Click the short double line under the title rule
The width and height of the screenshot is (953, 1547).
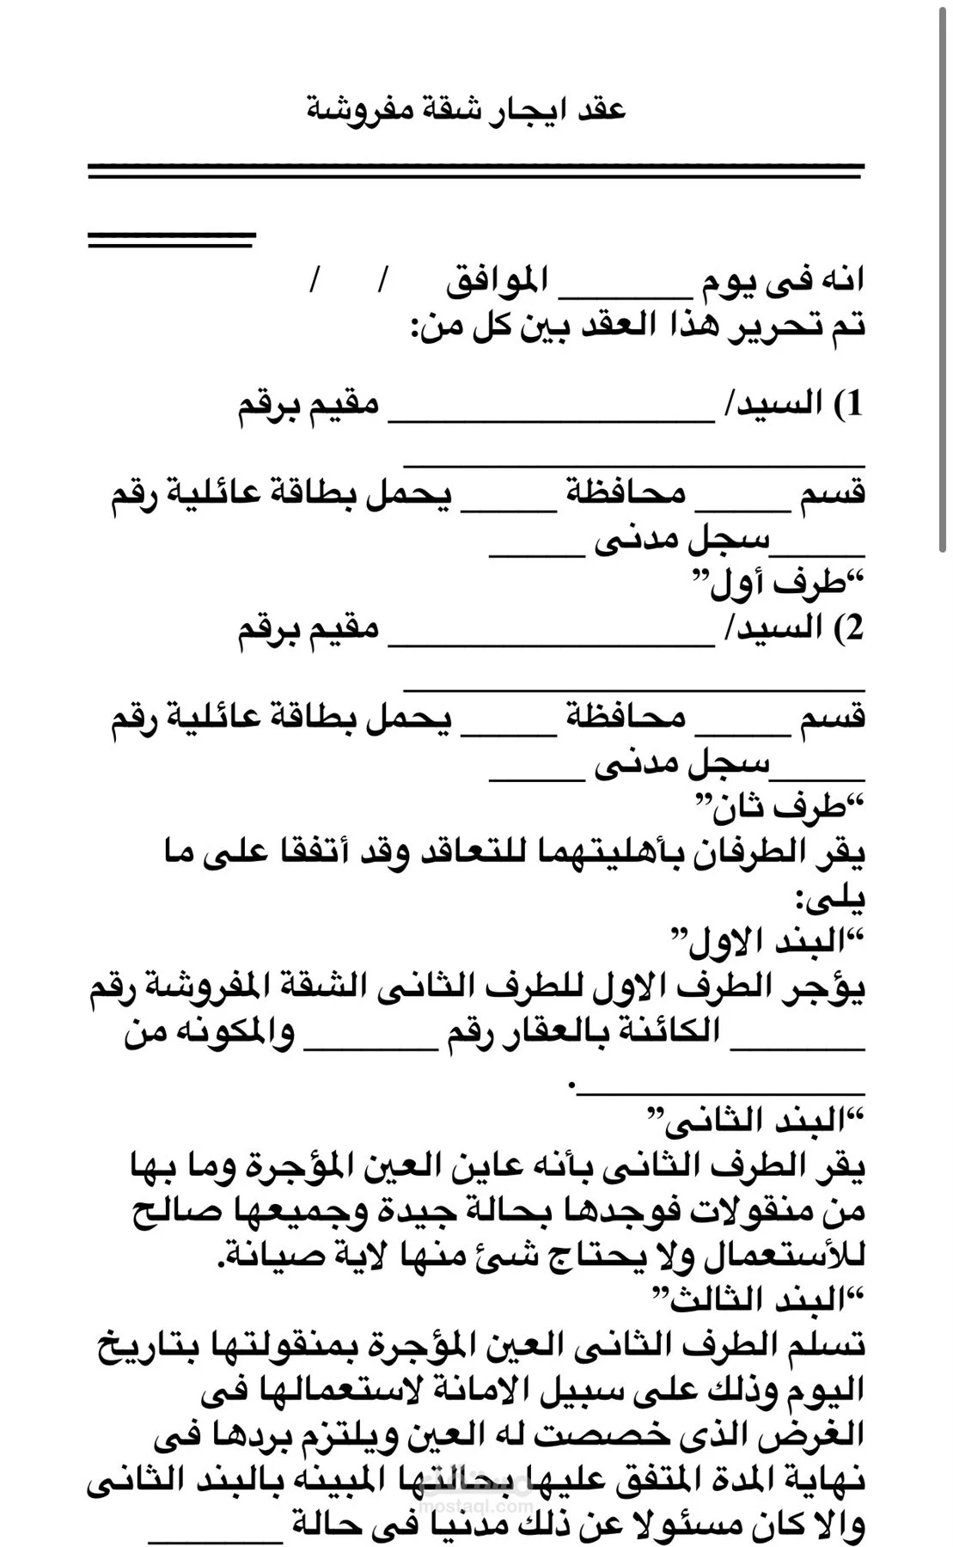point(172,240)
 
